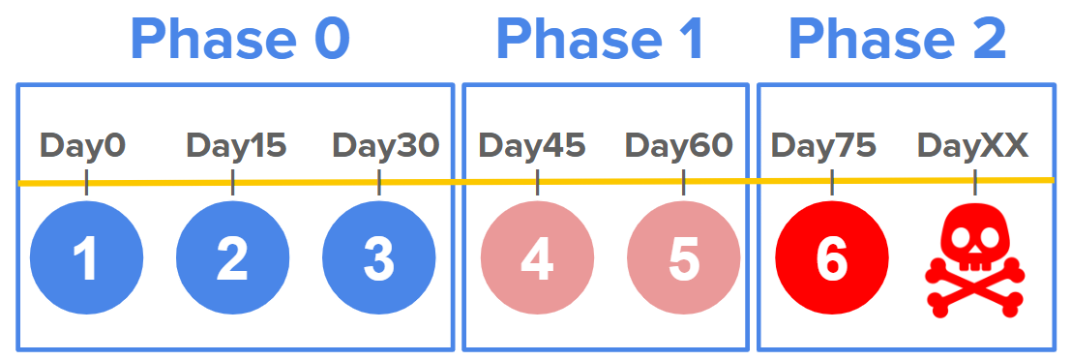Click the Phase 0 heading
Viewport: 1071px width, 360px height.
click(240, 40)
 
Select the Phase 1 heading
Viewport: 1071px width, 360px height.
click(602, 40)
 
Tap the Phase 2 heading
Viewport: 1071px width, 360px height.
click(898, 40)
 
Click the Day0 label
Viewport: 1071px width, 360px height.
click(83, 145)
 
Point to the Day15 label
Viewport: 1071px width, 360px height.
click(236, 145)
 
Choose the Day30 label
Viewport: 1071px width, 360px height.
click(385, 145)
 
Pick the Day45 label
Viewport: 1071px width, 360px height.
click(532, 145)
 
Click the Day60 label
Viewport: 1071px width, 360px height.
click(679, 145)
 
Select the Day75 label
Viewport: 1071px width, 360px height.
click(823, 145)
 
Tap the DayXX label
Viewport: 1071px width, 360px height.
click(972, 145)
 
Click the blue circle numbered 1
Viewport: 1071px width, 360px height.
click(87, 258)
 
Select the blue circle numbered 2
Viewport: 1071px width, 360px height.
click(233, 258)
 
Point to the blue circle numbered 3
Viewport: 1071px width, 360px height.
click(379, 258)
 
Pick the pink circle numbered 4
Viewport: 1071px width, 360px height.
click(538, 258)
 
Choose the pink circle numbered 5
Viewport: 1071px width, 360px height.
click(684, 258)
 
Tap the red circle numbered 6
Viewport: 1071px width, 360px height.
click(832, 258)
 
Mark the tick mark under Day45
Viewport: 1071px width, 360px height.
click(538, 182)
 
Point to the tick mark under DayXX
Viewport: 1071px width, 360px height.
click(974, 182)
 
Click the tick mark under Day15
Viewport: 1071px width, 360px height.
click(233, 182)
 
